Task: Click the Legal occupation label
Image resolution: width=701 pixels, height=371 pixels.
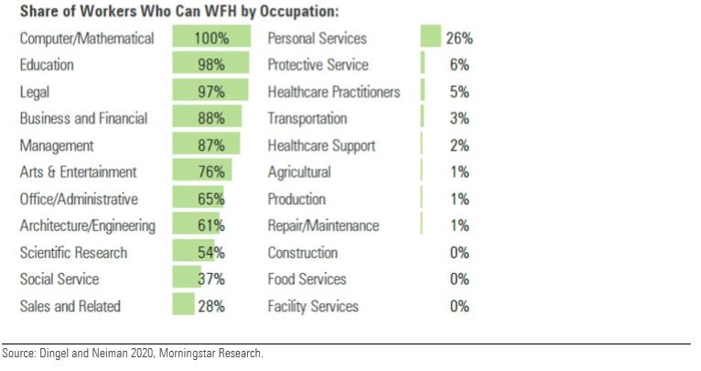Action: pyautogui.click(x=35, y=92)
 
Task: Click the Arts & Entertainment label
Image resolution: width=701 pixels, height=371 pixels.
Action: pyautogui.click(x=79, y=172)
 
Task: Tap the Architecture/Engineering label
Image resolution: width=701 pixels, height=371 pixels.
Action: pyautogui.click(x=88, y=225)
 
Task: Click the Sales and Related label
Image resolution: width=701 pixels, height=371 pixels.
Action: pyautogui.click(x=70, y=306)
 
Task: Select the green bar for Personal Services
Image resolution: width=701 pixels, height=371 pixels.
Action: pyautogui.click(x=431, y=38)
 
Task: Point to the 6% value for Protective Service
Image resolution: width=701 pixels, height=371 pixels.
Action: pyautogui.click(x=459, y=65)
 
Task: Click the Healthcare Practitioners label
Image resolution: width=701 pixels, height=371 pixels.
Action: pyautogui.click(x=334, y=92)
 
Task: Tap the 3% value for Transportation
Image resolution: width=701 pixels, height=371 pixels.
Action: pyautogui.click(x=459, y=118)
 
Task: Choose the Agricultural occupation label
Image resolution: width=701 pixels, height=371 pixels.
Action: pyautogui.click(x=299, y=172)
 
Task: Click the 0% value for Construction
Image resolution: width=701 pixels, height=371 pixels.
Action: pyautogui.click(x=459, y=253)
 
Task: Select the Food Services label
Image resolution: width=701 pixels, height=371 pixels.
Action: pyautogui.click(x=307, y=279)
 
